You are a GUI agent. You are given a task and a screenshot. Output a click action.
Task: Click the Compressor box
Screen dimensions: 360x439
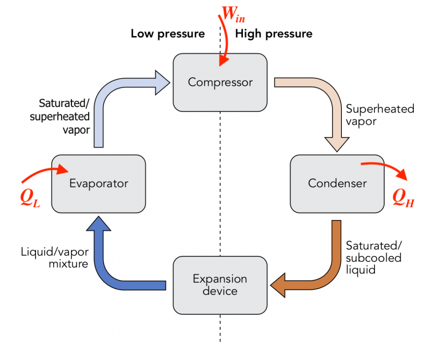220,82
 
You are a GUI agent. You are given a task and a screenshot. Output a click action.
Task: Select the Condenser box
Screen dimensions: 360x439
337,183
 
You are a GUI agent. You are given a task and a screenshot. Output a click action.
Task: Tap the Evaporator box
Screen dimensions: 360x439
98,183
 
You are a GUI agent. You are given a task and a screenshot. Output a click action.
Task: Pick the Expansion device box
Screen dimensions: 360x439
220,285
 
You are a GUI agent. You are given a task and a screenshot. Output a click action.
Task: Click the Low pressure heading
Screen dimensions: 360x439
167,34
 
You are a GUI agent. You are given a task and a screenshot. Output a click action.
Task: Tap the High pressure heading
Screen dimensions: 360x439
274,34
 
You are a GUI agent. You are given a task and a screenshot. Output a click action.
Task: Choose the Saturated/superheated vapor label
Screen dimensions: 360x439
64,116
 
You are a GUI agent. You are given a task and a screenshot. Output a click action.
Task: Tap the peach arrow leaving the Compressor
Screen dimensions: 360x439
326,97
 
